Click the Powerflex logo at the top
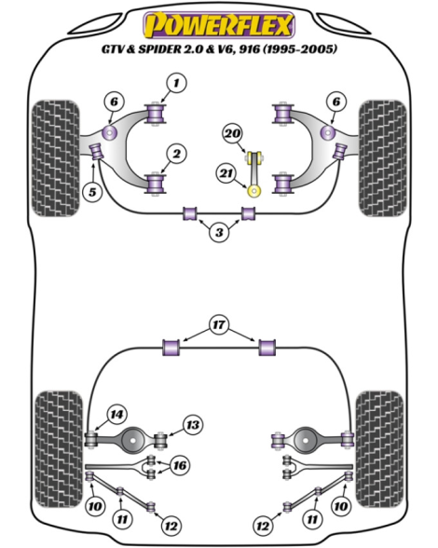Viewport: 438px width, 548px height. (219, 25)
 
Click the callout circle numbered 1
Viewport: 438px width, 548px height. (176, 83)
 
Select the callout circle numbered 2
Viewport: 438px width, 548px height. (176, 154)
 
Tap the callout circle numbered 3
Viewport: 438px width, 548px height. (219, 232)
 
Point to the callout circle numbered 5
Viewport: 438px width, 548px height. (92, 192)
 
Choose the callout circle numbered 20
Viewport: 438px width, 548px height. (233, 133)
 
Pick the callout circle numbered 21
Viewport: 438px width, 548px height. (226, 173)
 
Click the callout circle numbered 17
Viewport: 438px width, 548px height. (219, 325)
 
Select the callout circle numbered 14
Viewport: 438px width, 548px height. (116, 415)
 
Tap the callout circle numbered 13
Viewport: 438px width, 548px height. (193, 425)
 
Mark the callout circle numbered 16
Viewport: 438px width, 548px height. (180, 466)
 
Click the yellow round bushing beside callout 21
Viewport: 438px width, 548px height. (254, 191)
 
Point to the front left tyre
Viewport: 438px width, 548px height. (55, 158)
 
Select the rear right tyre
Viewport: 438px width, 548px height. (379, 449)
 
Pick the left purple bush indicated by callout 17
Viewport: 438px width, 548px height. (171, 348)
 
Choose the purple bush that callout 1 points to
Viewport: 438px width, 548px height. (156, 114)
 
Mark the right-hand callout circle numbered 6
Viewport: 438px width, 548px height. (335, 102)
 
